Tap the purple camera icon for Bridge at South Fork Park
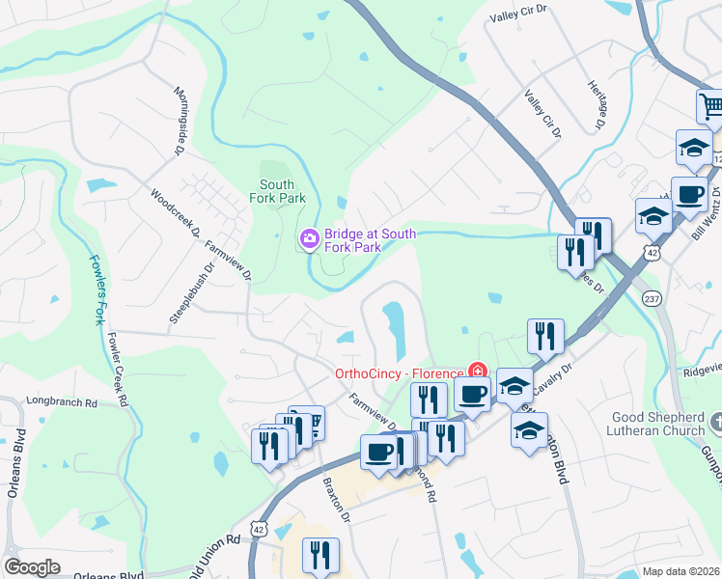310,237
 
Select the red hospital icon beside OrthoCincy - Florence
476,372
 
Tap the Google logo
32,567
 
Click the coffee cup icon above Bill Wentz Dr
689,195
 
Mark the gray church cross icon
715,422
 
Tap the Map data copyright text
681,571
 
